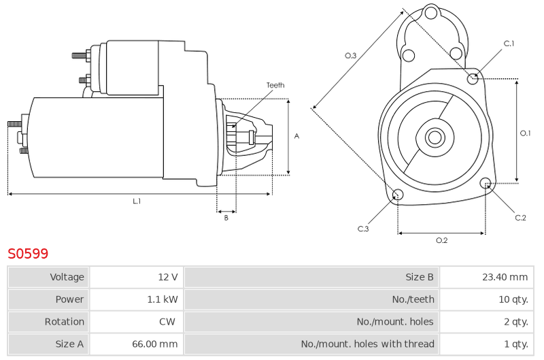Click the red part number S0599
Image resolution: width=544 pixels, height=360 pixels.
coord(28,254)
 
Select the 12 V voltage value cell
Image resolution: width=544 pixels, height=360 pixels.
coord(137,277)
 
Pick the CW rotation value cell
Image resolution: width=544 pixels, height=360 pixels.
coord(137,321)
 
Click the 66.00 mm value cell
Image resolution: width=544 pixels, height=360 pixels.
coord(137,344)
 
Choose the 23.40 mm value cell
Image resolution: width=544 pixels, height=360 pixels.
coord(487,277)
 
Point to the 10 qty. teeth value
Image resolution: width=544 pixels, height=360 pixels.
coord(513,299)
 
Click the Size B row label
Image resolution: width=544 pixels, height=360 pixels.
coord(420,277)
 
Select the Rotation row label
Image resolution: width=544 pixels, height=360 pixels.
coord(65,322)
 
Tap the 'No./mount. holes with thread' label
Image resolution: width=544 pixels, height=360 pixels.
coord(367,344)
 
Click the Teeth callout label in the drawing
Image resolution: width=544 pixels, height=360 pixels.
coord(275,85)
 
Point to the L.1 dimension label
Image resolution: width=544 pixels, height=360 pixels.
coord(137,201)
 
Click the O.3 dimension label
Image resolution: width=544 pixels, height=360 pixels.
coord(350,56)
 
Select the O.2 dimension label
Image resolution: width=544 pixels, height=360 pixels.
coord(441,240)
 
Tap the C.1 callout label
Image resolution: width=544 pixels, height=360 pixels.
coord(509,44)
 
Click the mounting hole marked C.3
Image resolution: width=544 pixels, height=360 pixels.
coord(398,195)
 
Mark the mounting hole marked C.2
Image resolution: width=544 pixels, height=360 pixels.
coord(486,183)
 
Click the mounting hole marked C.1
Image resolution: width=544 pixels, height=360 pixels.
coord(473,79)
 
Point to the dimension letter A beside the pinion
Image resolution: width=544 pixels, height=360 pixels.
coord(296,136)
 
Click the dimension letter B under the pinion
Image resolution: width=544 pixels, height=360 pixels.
coord(226,218)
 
